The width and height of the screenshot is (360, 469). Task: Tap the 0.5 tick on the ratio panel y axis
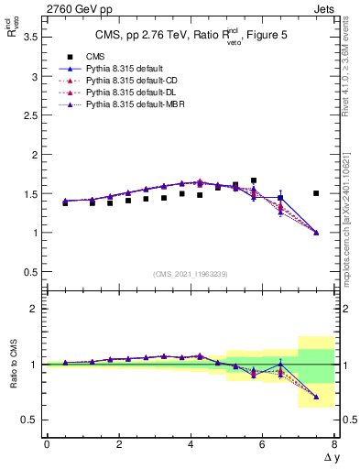coord(28,420)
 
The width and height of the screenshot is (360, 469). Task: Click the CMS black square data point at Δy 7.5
coord(316,193)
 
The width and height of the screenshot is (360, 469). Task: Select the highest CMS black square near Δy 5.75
coord(254,180)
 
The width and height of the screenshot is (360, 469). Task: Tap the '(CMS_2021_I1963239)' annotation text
coord(190,274)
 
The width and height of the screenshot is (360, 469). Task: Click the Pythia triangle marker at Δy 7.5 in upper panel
coord(316,233)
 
